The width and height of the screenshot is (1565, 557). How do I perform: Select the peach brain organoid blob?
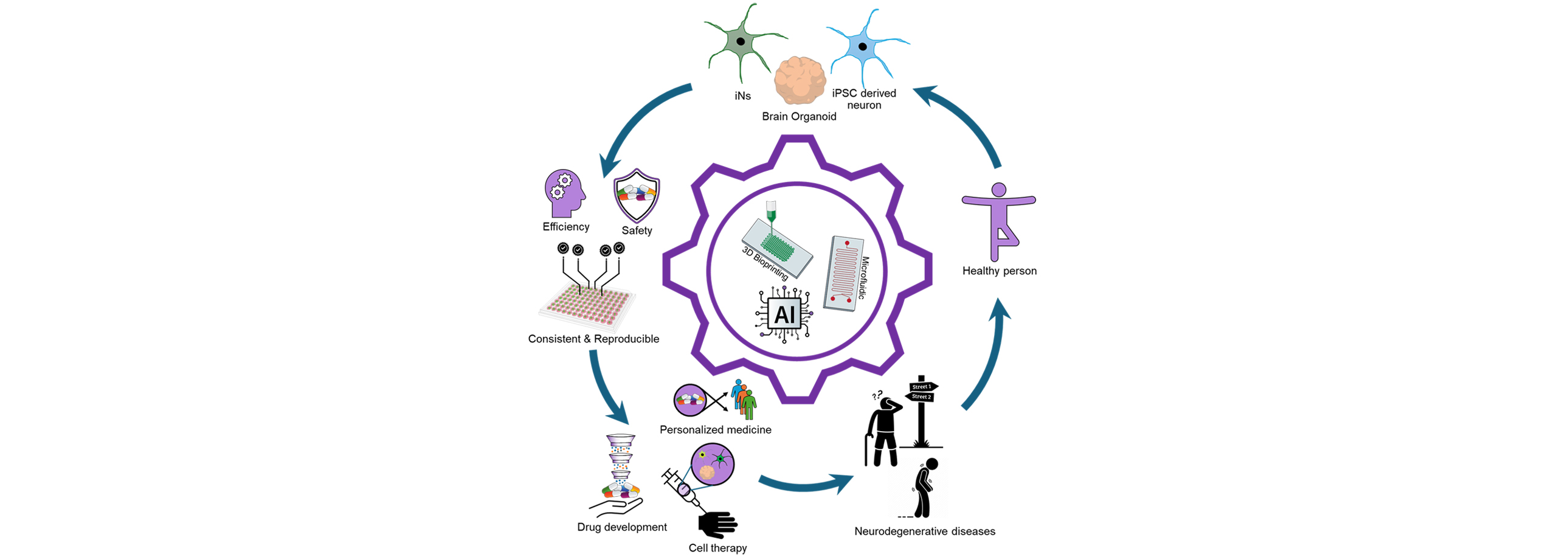[x=800, y=81]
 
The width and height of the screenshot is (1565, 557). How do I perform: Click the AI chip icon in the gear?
[x=784, y=314]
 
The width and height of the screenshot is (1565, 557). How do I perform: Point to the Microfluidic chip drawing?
[x=843, y=274]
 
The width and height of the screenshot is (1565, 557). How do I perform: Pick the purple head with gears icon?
[x=565, y=193]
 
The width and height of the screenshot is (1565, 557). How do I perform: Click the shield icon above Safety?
[x=637, y=196]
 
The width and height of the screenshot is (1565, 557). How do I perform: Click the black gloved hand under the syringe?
[x=717, y=524]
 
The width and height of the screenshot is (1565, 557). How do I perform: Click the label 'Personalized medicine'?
[x=716, y=430]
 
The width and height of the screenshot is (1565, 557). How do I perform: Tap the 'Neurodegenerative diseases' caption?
[x=925, y=531]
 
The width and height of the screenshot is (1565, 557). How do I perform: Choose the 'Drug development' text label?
[x=622, y=527]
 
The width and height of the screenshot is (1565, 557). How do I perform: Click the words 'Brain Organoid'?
[x=799, y=116]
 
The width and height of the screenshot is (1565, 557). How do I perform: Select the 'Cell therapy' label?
[x=717, y=548]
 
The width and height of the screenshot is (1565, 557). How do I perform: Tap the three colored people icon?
[x=744, y=399]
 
